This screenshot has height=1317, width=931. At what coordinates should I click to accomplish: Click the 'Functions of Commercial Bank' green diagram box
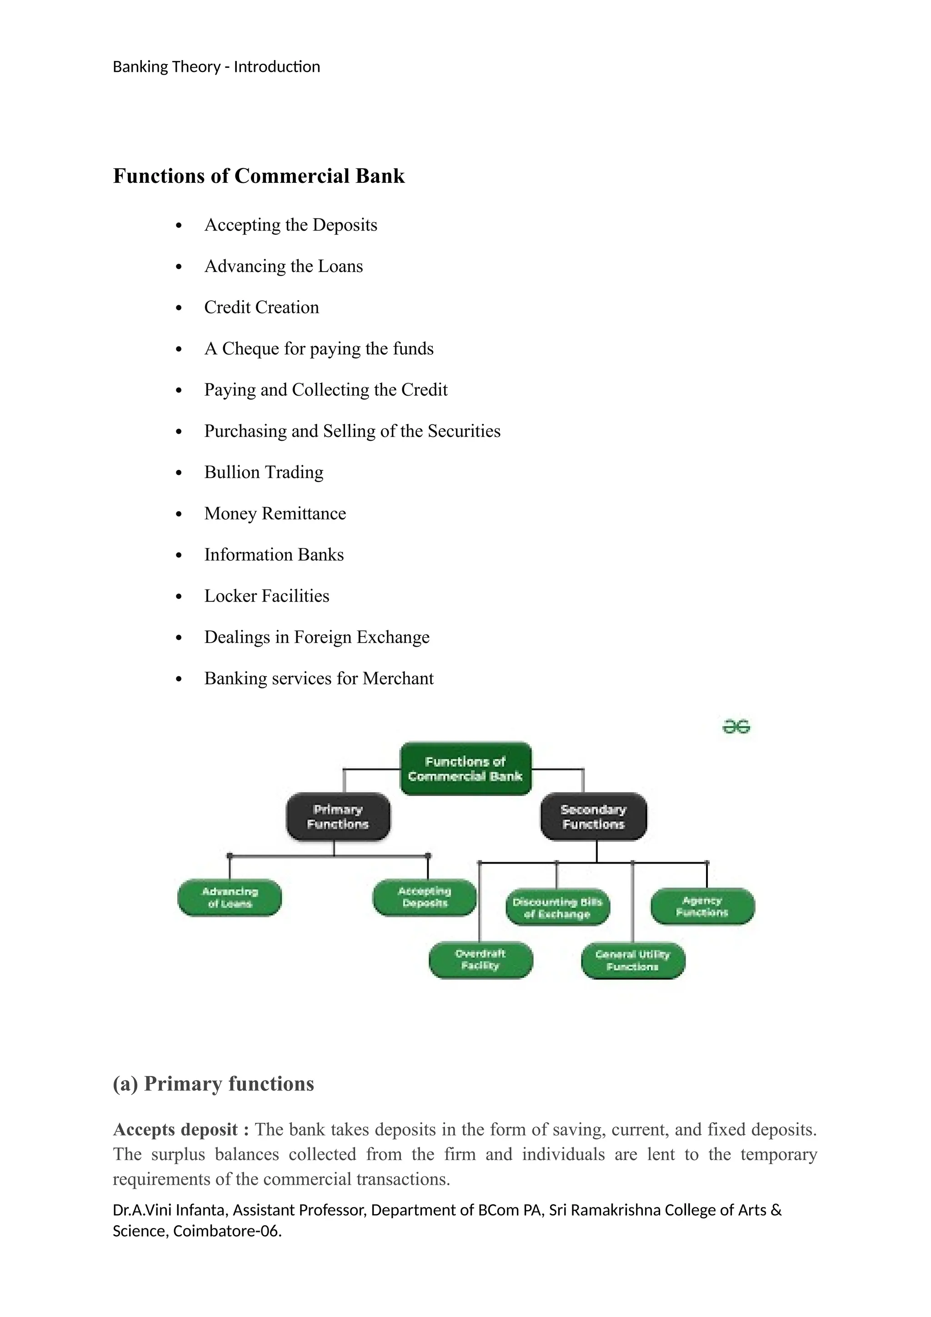[465, 769]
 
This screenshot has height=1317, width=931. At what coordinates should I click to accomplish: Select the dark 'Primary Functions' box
[338, 816]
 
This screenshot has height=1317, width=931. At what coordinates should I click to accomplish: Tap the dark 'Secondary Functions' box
[593, 816]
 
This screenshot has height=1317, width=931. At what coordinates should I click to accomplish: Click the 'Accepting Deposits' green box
[424, 897]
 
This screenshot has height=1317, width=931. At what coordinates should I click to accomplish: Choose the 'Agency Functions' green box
[702, 906]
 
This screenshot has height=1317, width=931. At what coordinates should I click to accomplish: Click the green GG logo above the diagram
[736, 727]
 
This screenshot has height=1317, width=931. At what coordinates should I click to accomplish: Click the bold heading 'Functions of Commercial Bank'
[259, 176]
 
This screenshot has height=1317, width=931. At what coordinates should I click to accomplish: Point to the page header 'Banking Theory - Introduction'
[216, 67]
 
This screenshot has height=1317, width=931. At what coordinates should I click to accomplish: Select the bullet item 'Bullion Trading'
[264, 472]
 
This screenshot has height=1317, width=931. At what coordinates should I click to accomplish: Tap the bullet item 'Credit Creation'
[261, 307]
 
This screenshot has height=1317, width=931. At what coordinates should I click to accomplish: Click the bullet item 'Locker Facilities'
[266, 596]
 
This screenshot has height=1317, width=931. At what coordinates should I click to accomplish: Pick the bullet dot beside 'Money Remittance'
[179, 514]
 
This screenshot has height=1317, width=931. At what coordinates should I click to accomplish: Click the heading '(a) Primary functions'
[213, 1084]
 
